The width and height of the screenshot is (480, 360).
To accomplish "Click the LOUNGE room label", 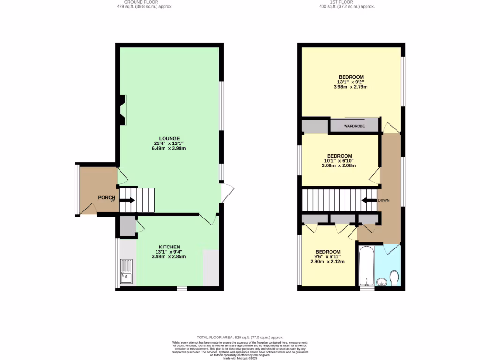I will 169,138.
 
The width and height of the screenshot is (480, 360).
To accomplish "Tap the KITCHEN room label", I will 169,247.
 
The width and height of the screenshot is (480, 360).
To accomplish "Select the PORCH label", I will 106,197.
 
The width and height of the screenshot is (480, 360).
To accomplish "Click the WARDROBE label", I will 354,126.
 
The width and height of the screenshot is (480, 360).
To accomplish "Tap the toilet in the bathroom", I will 394,277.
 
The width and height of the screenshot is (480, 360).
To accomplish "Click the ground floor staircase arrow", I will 127,201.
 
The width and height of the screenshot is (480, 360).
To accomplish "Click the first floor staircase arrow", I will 369,201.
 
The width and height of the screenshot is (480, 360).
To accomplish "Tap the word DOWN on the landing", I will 384,200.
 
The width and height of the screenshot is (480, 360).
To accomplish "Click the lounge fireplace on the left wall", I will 122,110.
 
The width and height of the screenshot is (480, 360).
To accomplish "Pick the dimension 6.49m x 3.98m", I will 169,149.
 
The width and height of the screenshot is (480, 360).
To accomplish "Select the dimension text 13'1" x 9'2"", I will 351,82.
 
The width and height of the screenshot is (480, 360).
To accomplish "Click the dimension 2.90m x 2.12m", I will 328,262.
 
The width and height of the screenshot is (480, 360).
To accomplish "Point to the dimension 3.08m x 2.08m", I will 339,165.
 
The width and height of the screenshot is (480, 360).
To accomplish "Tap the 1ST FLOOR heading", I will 347,2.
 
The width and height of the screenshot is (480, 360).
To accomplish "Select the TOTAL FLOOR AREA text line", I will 240,337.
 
